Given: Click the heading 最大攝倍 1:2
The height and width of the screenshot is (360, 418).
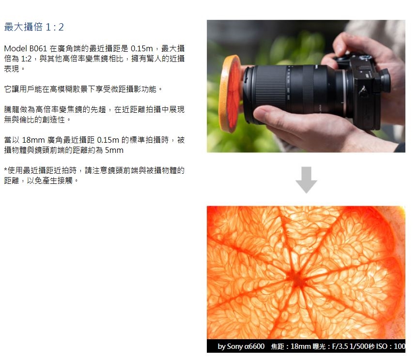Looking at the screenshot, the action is click(x=34, y=27).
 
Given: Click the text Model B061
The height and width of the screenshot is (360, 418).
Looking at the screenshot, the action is click(x=25, y=48).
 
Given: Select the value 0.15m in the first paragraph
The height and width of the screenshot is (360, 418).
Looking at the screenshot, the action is click(x=141, y=48).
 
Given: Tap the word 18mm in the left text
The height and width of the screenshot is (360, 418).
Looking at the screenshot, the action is click(x=33, y=140).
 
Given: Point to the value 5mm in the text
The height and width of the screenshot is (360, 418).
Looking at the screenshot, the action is click(x=114, y=150).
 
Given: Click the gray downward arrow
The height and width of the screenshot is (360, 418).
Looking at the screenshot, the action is click(x=306, y=180).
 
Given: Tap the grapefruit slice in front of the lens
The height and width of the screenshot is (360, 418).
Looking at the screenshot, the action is click(x=230, y=94).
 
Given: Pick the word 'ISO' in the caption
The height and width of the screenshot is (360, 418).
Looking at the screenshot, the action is click(x=382, y=346).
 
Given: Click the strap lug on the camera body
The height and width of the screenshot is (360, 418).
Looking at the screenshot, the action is click(x=362, y=91).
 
